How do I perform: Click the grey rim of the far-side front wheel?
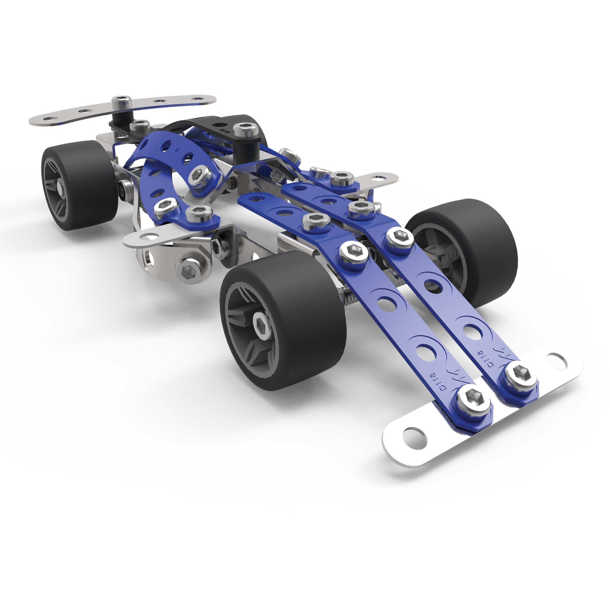click(x=442, y=253)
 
